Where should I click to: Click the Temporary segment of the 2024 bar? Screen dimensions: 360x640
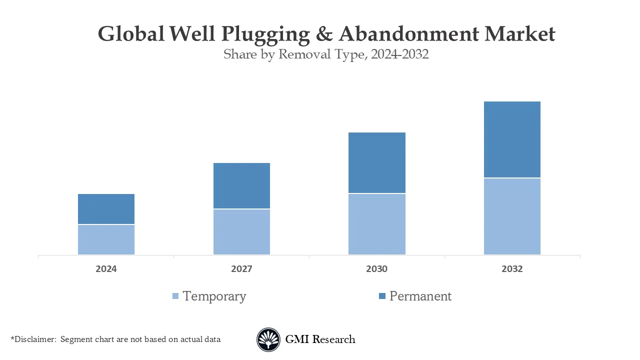[106, 239]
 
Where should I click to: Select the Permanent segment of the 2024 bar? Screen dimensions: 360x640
[106, 209]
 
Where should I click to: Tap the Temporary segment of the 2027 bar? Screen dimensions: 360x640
[241, 232]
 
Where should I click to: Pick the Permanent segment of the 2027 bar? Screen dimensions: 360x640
[241, 185]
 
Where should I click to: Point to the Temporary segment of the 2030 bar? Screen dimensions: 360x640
[376, 224]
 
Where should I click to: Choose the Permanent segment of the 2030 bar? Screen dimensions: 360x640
[376, 162]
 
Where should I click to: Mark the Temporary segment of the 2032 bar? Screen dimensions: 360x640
[512, 216]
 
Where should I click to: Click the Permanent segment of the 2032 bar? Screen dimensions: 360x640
[512, 139]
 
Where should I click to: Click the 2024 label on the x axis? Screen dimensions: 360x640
[106, 269]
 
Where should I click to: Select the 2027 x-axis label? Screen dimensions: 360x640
[241, 269]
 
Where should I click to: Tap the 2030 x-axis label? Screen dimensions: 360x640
[376, 269]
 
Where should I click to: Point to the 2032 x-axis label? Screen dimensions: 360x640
[512, 269]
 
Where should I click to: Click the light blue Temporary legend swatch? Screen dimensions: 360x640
[175, 296]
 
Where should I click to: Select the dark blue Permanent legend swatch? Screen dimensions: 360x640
[382, 296]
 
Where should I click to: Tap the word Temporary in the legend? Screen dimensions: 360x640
[214, 296]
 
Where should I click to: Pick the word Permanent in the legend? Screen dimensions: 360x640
[420, 296]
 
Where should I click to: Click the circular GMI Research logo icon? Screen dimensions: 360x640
[268, 340]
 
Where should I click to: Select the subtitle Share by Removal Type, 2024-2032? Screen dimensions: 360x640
[326, 54]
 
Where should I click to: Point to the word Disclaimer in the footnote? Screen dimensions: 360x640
[35, 339]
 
